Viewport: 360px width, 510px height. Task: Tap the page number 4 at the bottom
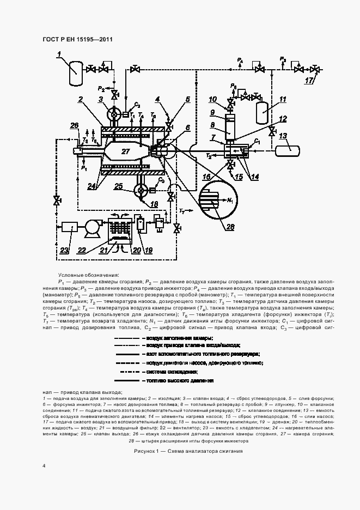tap(44, 466)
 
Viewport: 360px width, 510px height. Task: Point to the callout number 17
tap(309, 81)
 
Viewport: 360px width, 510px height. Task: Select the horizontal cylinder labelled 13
tap(289, 149)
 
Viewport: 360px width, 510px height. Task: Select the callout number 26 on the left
tap(74, 126)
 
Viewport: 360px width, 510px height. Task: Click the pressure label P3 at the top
tap(282, 58)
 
